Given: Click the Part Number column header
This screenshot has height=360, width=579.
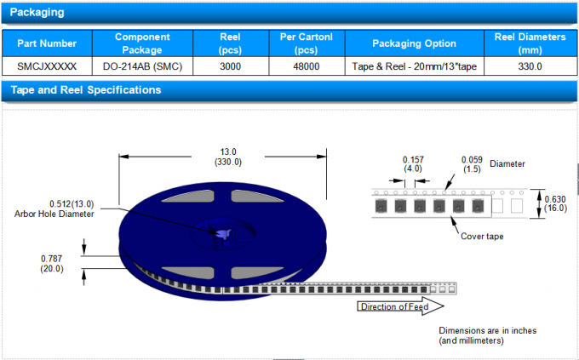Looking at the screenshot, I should (x=47, y=43).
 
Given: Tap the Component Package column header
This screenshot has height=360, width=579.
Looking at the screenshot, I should (x=142, y=43).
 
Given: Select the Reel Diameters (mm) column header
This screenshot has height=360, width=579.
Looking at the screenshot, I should (x=530, y=43).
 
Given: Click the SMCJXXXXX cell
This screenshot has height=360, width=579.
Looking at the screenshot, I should (x=47, y=66).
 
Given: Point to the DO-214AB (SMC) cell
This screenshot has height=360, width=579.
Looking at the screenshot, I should (x=142, y=66).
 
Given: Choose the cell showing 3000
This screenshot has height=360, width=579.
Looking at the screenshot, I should (x=229, y=66).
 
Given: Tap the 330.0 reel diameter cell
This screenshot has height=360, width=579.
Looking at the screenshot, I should (x=530, y=66).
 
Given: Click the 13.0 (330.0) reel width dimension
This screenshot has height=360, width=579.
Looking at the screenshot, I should (x=228, y=157).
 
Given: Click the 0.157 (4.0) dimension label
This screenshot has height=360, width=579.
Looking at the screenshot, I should (x=412, y=163).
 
